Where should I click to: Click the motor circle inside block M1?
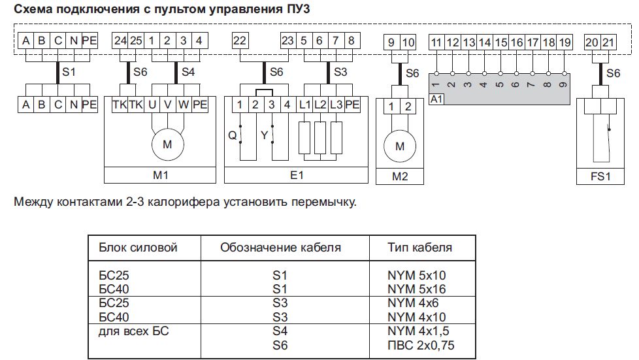[x=167, y=144]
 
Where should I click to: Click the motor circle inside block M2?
[x=400, y=146]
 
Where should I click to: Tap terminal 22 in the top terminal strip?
[x=240, y=41]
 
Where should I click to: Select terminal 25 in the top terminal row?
[x=136, y=41]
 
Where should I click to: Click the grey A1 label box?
[x=436, y=99]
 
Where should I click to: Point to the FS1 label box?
[x=600, y=176]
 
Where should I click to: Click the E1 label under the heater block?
[x=296, y=175]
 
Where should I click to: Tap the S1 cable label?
[x=69, y=72]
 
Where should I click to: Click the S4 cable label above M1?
[x=188, y=72]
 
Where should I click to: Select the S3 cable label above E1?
[x=340, y=72]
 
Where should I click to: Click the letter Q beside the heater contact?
[x=233, y=135]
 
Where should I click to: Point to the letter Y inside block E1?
[x=264, y=135]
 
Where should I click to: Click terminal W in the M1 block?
[x=184, y=105]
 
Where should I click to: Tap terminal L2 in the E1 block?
[x=320, y=105]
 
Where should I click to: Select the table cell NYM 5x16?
[x=416, y=289]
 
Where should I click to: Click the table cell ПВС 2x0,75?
[x=421, y=346]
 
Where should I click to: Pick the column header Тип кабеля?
[x=419, y=248]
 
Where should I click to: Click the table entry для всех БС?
[x=133, y=331]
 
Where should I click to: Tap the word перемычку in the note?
[x=323, y=203]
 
